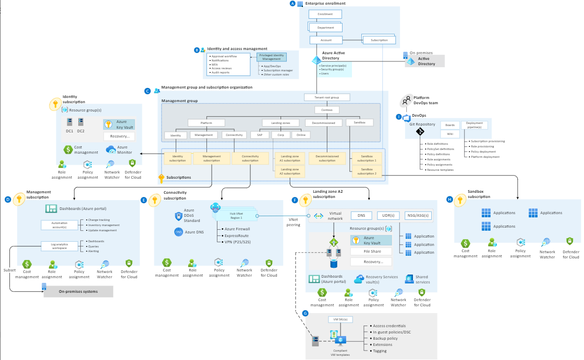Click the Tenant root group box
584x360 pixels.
point(327,97)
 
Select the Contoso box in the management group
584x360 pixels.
point(327,110)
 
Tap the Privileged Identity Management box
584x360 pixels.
point(271,57)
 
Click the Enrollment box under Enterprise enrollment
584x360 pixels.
point(325,14)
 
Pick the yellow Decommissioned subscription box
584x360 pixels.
point(327,158)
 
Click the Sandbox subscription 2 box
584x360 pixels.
point(367,171)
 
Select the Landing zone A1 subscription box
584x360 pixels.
point(289,158)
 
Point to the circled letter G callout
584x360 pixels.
point(306,314)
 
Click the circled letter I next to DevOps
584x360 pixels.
point(399,117)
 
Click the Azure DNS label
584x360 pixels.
point(193,231)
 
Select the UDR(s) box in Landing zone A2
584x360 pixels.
point(388,215)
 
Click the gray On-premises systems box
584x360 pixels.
point(78,291)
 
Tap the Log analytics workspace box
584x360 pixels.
point(55,245)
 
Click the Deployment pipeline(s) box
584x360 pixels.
point(474,125)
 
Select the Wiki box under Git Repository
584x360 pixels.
point(449,134)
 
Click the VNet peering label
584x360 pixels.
point(294,222)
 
